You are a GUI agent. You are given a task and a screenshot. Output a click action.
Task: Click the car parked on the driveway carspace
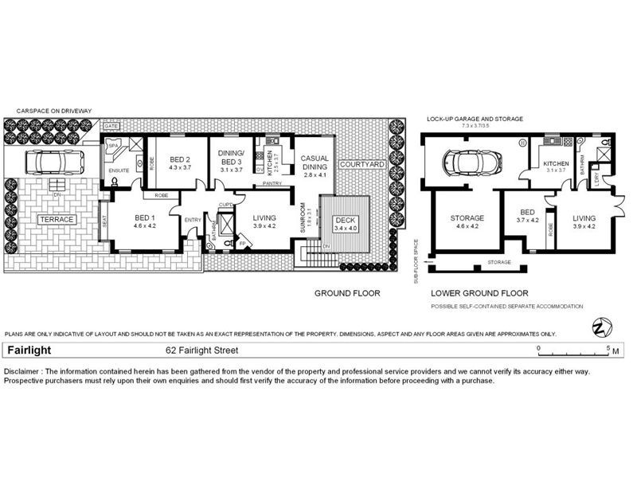point(52,163)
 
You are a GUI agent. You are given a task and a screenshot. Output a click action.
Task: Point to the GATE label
point(111,127)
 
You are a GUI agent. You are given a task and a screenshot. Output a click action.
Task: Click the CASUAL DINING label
point(315,163)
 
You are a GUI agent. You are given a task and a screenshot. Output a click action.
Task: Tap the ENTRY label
point(193,220)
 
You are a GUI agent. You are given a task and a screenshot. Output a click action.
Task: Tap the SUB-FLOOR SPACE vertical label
point(415,261)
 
